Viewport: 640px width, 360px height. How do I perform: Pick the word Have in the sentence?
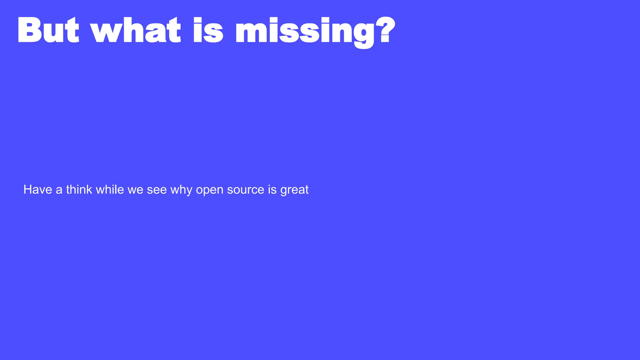(x=37, y=190)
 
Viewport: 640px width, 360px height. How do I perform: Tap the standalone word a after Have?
(x=59, y=190)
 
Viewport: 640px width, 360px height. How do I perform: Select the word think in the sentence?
(x=79, y=190)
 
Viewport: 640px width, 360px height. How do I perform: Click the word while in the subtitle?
(x=110, y=190)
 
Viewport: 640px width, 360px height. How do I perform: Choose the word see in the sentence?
(x=157, y=190)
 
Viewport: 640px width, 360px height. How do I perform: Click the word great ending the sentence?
(x=294, y=190)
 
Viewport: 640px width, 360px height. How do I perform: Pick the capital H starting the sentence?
(x=27, y=190)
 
